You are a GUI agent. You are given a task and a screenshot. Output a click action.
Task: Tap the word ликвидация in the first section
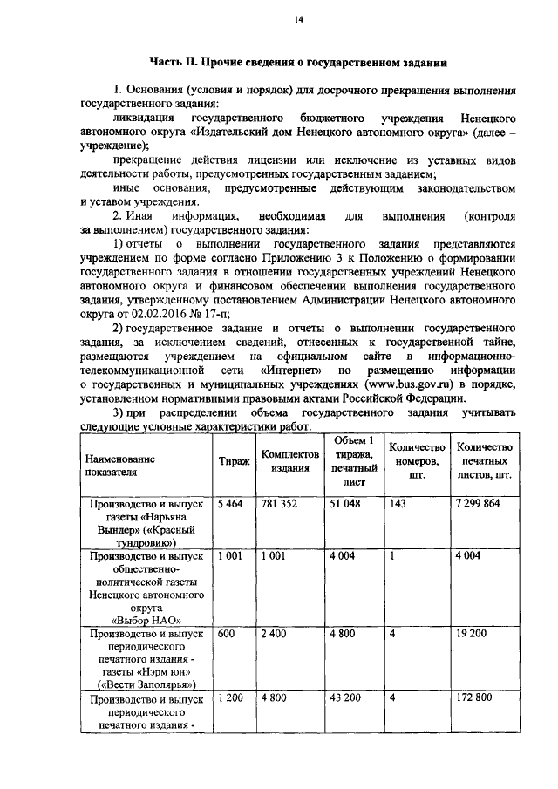coord(145,117)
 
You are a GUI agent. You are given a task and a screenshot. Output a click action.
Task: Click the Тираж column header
coord(233,464)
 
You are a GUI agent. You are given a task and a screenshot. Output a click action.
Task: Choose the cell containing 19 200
coord(469,635)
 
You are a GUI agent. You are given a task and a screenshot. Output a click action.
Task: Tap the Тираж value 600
coord(227,635)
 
